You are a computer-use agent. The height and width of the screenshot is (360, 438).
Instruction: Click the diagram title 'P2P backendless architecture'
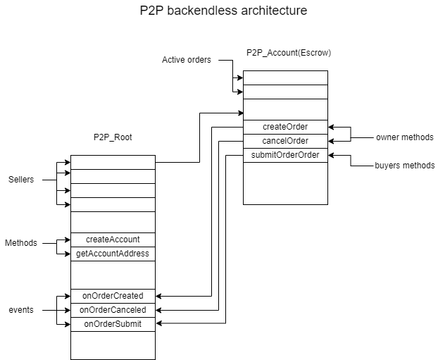[218, 11]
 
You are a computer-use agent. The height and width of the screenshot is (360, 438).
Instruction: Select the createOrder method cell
[284, 127]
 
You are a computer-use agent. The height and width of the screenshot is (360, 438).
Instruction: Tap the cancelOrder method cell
[284, 141]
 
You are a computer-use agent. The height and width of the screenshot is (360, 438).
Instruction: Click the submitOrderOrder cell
[284, 155]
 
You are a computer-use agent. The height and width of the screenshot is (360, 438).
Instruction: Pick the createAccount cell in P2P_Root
[113, 240]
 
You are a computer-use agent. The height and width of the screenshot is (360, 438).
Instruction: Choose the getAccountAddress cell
[113, 254]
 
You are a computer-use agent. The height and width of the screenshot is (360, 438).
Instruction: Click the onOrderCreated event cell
[113, 296]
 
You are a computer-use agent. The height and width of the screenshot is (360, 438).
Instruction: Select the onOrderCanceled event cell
[113, 310]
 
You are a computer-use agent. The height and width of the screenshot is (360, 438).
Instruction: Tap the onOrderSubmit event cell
[113, 324]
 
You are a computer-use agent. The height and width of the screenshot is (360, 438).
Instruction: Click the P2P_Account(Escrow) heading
[289, 53]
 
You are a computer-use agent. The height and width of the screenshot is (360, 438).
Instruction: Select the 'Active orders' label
[186, 60]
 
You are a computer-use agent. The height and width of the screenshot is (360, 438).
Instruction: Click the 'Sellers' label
[22, 180]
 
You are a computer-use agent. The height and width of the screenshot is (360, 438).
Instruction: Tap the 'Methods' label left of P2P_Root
[21, 243]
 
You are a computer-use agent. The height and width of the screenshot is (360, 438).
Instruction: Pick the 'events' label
[21, 310]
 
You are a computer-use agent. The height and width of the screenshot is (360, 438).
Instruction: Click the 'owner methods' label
[404, 137]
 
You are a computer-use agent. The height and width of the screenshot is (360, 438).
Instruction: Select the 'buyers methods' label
[404, 166]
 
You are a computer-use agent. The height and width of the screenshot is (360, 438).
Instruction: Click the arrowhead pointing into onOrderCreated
[159, 296]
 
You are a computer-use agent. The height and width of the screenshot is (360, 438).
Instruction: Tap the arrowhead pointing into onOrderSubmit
[159, 324]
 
